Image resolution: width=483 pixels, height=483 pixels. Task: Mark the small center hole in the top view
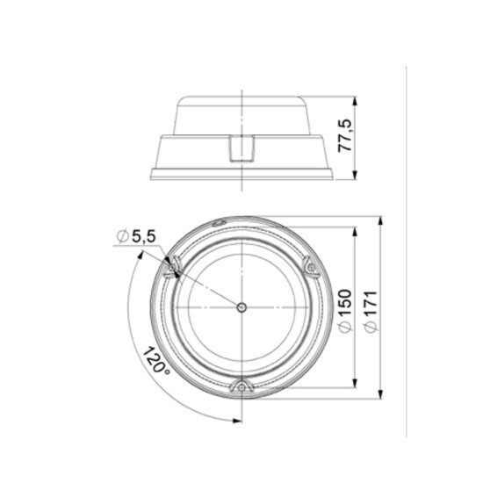click(241, 306)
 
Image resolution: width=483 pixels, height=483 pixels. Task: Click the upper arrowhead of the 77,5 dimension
click(355, 98)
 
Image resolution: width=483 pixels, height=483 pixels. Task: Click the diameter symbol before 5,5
click(121, 235)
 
